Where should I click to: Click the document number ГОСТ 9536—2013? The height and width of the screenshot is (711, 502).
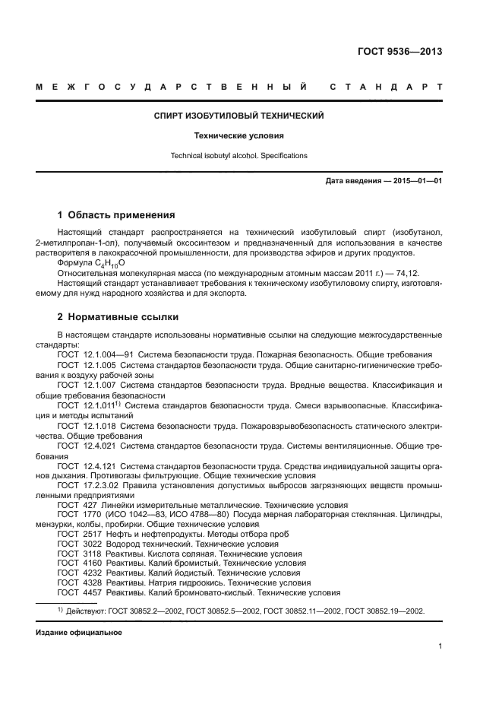coord(399,52)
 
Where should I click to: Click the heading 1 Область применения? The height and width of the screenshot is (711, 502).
coord(116,214)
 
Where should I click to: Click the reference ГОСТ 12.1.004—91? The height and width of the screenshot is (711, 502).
coord(86,354)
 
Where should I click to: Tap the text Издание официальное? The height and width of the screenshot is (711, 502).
coord(79,632)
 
